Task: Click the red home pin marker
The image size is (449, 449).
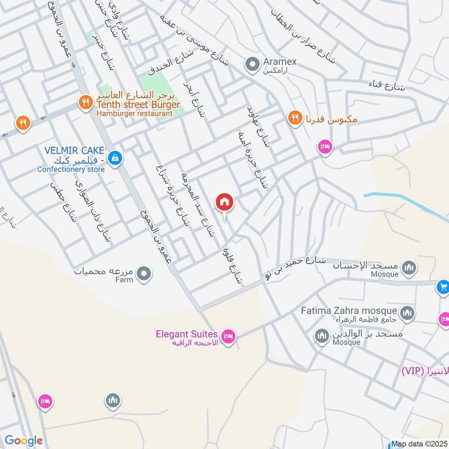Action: point(224,202)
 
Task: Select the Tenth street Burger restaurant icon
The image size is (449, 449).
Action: point(85,102)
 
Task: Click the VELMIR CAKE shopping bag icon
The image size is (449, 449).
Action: point(115,158)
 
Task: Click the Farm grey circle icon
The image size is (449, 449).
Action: point(145,274)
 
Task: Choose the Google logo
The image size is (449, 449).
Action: point(23,441)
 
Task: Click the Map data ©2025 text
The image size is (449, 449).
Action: point(419,443)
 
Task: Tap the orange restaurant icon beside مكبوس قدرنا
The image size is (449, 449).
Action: point(294,118)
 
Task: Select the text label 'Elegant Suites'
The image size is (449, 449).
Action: point(186,335)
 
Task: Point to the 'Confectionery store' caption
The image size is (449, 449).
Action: point(71,169)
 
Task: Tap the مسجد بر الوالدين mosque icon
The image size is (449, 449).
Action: point(322,336)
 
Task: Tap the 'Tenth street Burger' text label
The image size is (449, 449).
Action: point(138,105)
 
